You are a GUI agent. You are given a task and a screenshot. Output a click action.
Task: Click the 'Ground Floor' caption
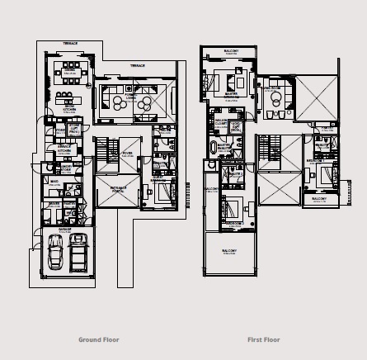tap(99, 339)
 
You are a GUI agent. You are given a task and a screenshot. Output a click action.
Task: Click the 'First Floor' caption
tap(264, 339)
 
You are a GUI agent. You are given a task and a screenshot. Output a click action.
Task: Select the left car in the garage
tap(55, 251)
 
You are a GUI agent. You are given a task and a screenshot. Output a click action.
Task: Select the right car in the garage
tap(78, 251)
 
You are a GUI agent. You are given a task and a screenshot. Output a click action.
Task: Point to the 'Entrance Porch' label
tap(107, 189)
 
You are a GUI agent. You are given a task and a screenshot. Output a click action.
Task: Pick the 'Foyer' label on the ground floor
tap(129, 154)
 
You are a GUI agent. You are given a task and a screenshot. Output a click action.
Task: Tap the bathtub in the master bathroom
tap(214, 149)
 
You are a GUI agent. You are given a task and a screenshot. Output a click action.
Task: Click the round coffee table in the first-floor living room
tap(273, 97)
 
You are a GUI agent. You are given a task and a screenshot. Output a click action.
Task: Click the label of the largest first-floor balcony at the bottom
tap(228, 250)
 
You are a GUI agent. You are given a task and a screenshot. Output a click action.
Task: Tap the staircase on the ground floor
tap(102, 152)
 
